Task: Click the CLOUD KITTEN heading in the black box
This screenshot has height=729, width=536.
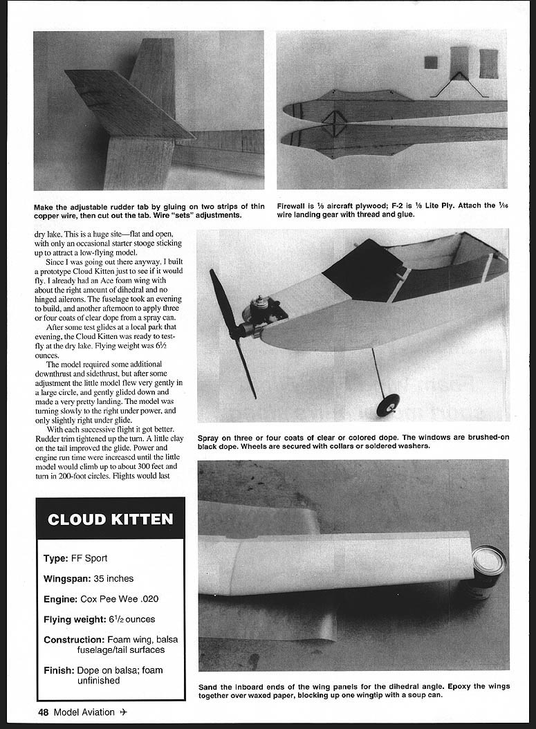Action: coord(111,519)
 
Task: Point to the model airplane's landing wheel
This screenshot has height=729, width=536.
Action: coord(388,405)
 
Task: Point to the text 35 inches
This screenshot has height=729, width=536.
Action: coord(114,578)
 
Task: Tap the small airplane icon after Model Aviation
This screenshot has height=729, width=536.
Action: coord(123,712)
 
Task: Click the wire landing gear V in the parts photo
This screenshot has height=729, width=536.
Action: coord(460,83)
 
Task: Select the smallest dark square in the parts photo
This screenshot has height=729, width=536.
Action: coord(430,62)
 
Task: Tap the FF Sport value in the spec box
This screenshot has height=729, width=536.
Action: coord(89,558)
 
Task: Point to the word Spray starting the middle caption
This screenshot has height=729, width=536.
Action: coord(210,438)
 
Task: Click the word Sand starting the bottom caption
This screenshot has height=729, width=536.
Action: coord(209,687)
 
